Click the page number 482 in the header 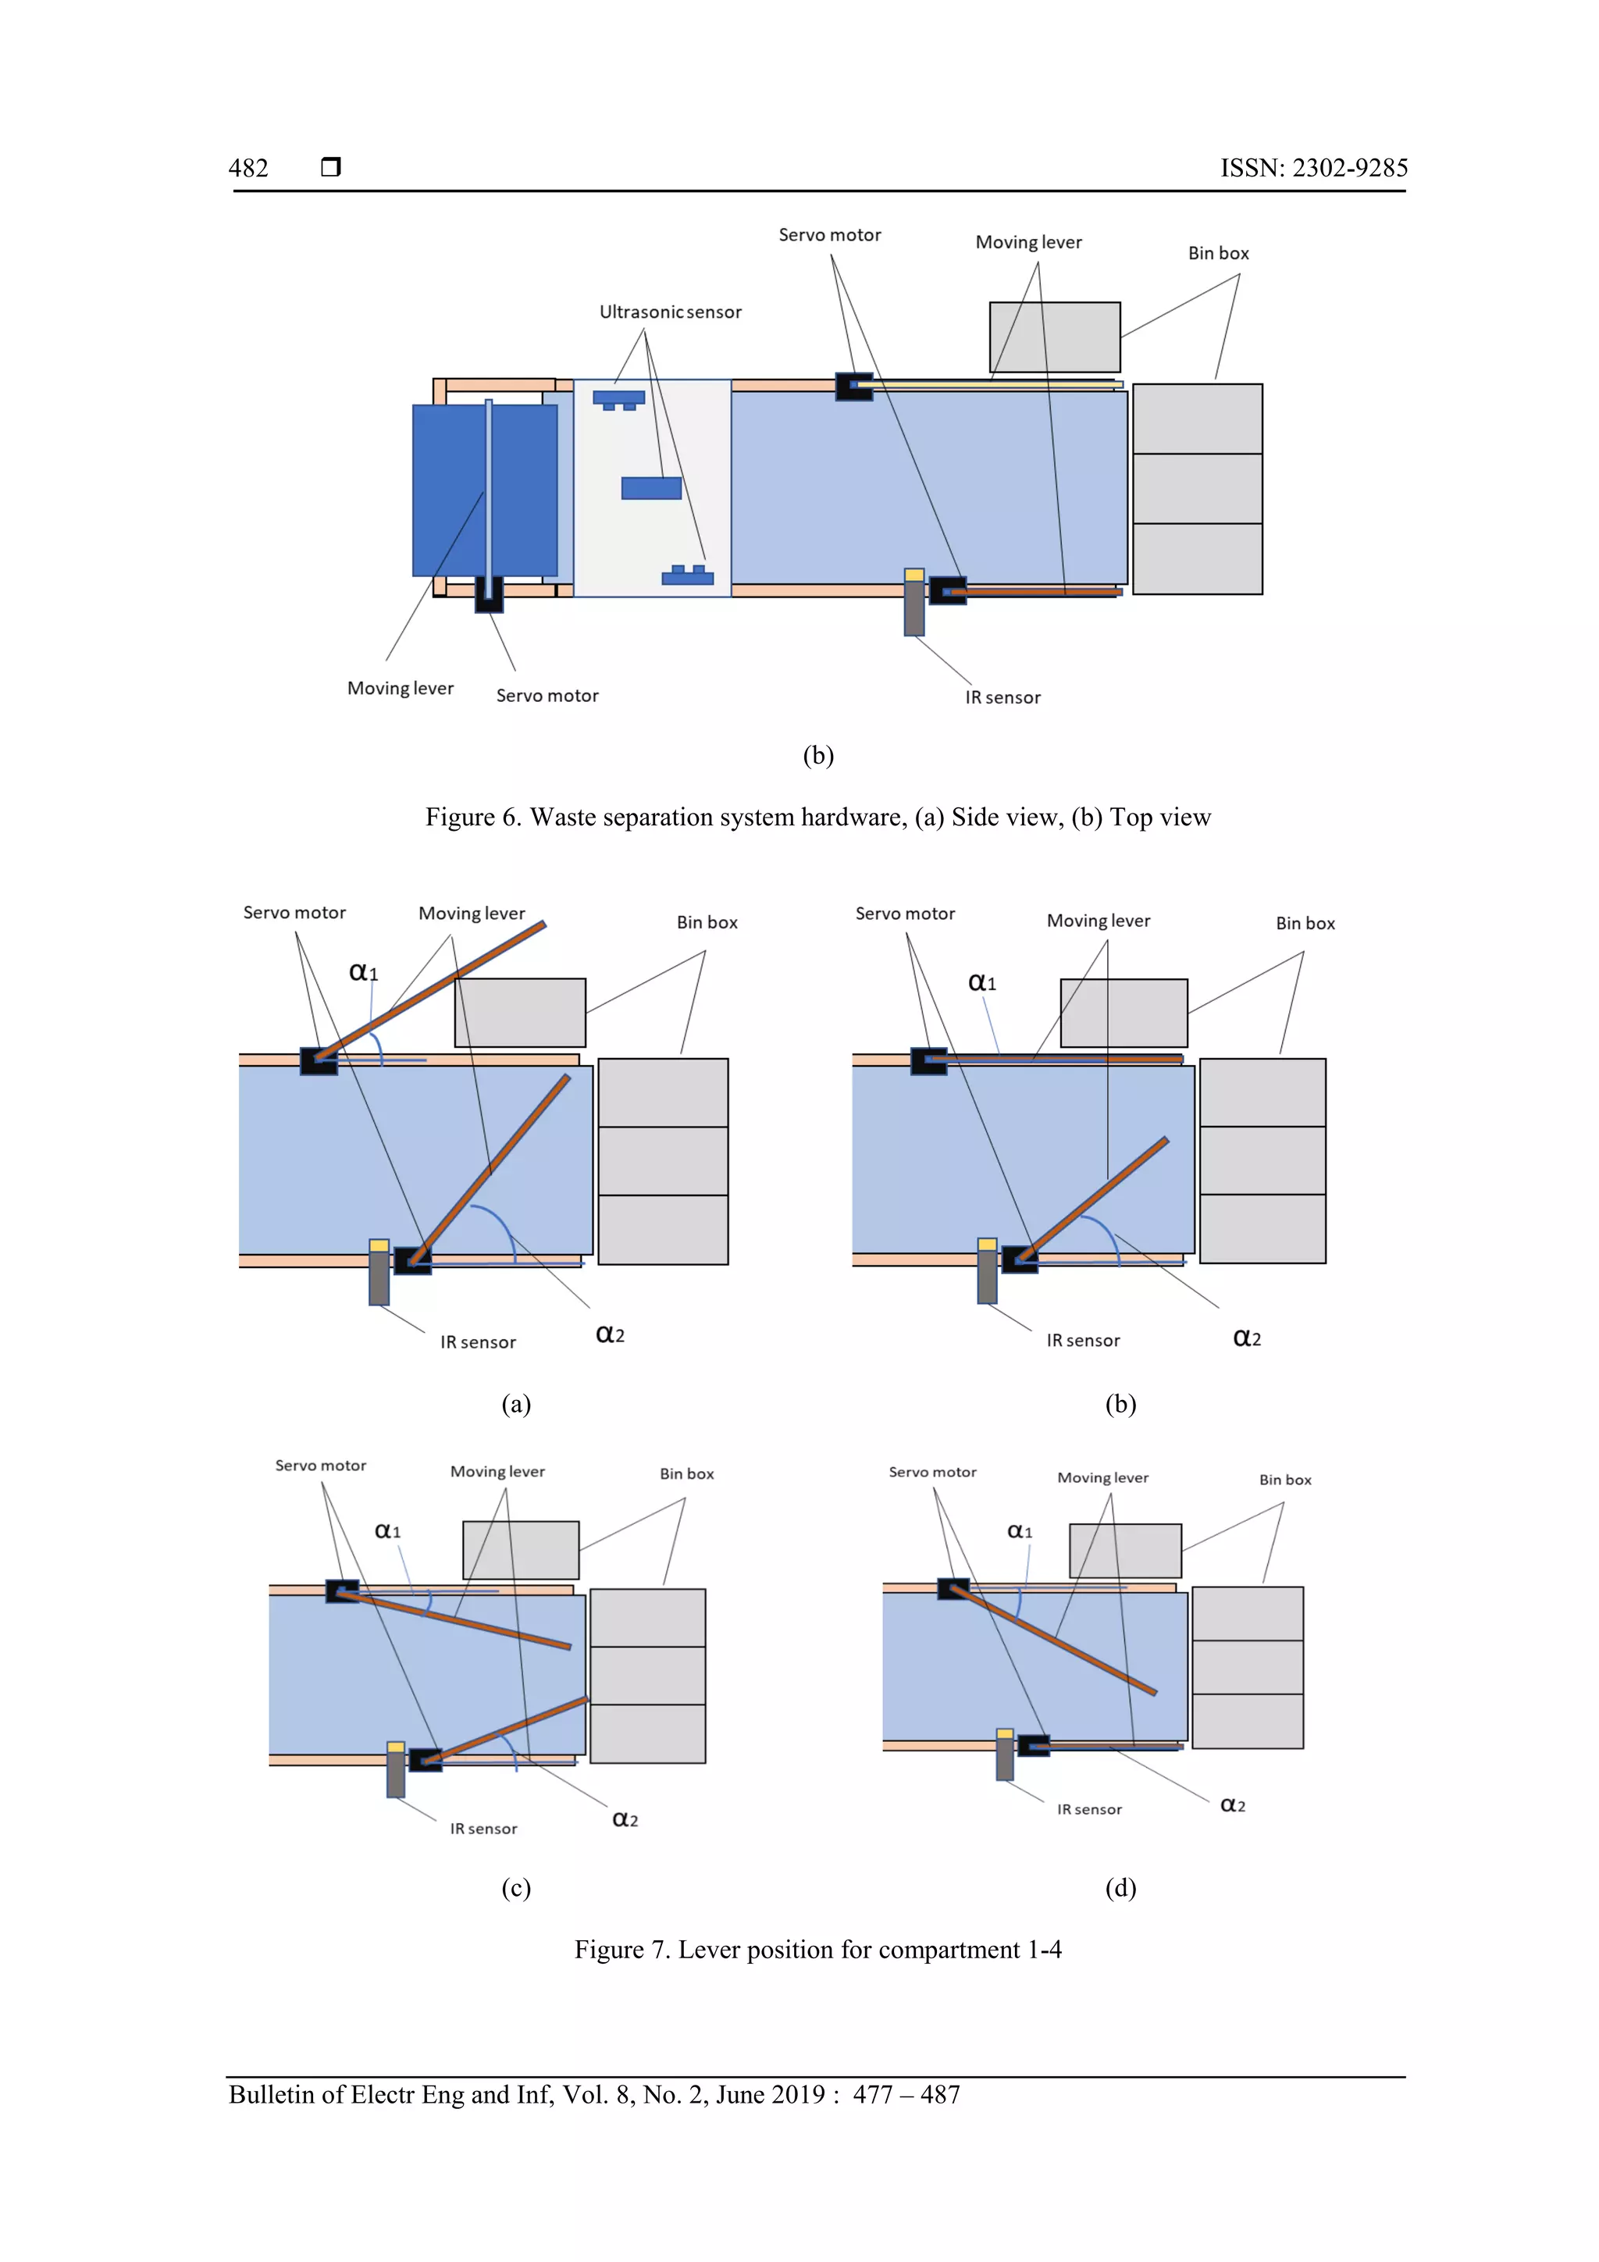click(248, 169)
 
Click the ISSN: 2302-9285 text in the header click(1313, 169)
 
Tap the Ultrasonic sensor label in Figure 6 click(670, 312)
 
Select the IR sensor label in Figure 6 click(1002, 697)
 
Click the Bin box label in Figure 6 click(1218, 253)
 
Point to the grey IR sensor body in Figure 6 click(914, 607)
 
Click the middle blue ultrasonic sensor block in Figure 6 click(651, 488)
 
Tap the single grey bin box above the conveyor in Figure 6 click(1054, 337)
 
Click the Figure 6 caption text click(817, 818)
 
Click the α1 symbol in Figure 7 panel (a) click(362, 972)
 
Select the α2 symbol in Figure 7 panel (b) click(1246, 1338)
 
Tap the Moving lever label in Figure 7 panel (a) click(471, 914)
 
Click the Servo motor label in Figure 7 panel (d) click(932, 1472)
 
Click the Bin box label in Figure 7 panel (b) click(1305, 923)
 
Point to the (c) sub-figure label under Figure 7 click(515, 1888)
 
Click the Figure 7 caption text click(817, 1950)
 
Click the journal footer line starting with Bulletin click(594, 2095)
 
